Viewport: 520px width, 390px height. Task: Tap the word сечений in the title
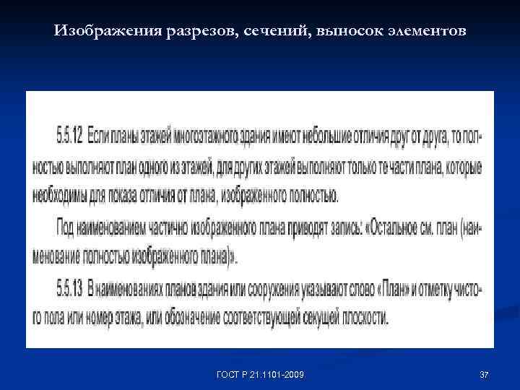click(277, 31)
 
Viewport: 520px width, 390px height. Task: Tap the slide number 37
click(484, 374)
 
